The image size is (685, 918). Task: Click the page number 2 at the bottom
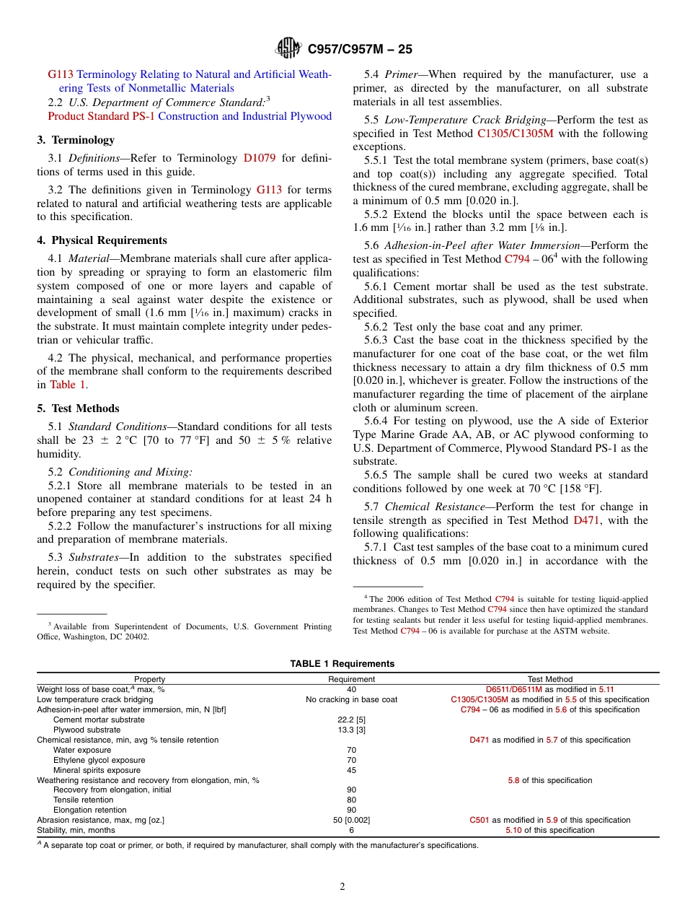(x=342, y=887)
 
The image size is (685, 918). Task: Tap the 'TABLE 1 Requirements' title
(x=342, y=664)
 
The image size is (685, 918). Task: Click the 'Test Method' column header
(x=550, y=679)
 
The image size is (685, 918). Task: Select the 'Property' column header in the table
(x=149, y=679)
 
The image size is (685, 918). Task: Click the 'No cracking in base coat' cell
(x=351, y=699)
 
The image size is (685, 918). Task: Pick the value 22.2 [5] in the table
(x=351, y=720)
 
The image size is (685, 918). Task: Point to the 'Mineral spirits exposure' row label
(x=97, y=770)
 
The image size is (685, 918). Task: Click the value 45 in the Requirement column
(x=351, y=770)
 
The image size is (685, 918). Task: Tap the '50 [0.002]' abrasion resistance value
(x=351, y=820)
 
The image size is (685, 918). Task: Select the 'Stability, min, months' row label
(x=76, y=830)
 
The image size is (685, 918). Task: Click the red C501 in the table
(x=479, y=820)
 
